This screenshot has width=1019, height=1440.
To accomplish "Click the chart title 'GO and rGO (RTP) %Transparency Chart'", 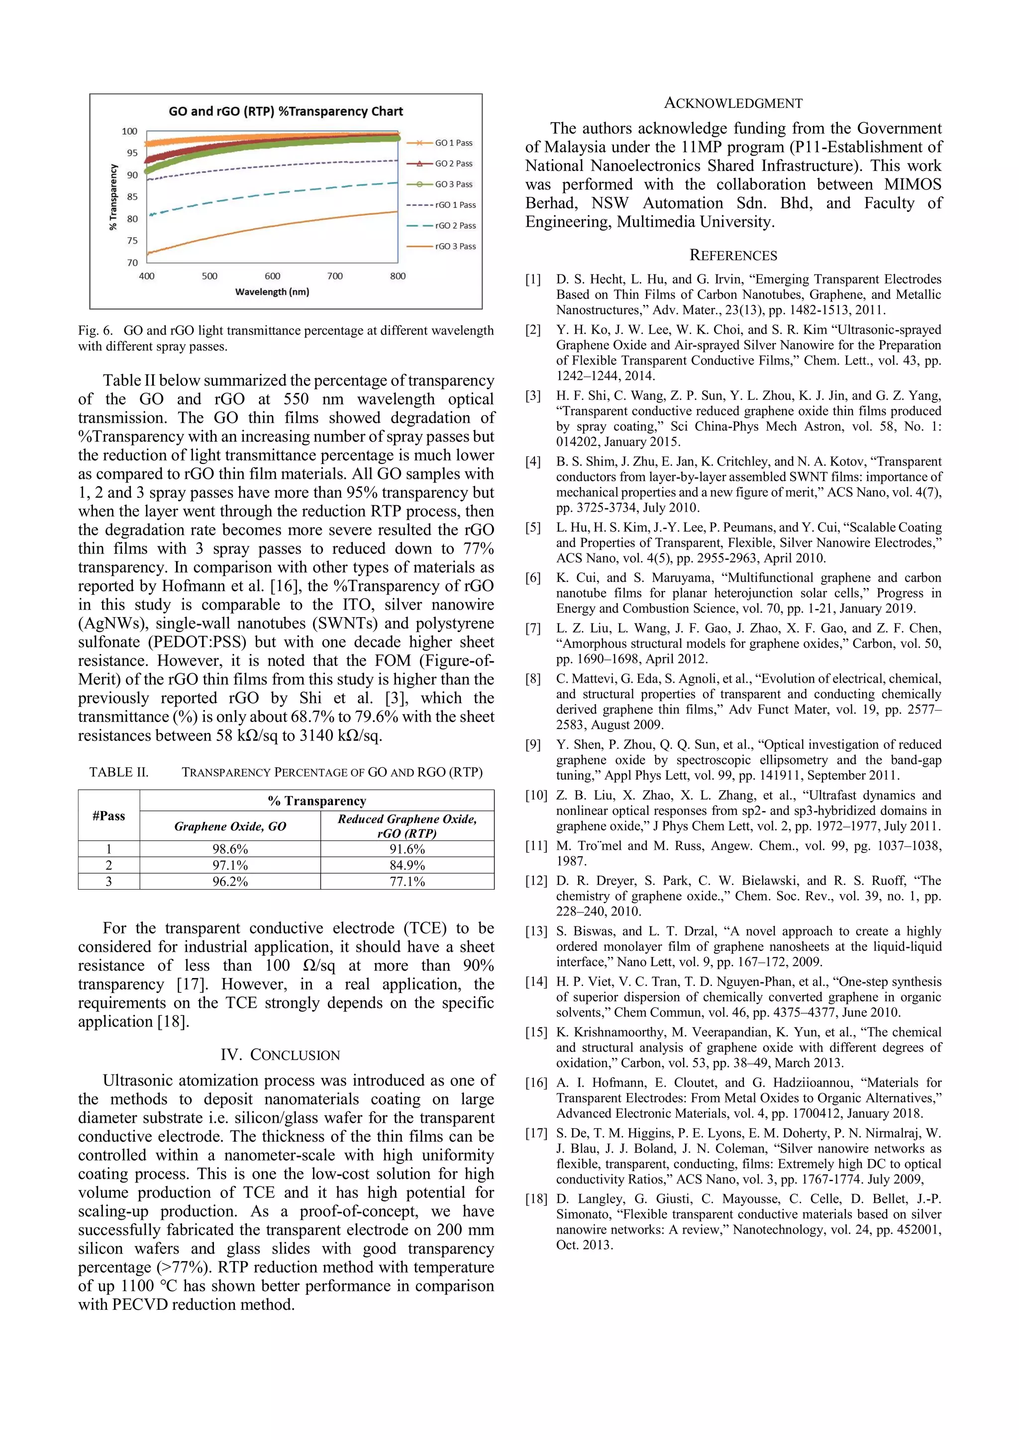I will [286, 112].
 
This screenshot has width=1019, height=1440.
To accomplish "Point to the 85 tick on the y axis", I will [132, 197].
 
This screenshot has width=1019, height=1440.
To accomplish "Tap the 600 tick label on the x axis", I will [272, 276].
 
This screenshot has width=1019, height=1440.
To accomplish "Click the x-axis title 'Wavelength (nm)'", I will [272, 292].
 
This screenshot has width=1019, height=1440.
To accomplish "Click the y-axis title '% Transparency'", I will [113, 197].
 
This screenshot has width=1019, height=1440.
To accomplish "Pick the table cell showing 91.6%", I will [407, 849].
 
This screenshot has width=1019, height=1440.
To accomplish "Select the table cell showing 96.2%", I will [230, 881].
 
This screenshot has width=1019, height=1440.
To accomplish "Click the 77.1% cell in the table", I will [407, 881].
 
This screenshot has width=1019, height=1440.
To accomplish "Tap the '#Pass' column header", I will [108, 816].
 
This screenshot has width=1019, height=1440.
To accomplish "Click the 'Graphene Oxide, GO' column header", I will [230, 826].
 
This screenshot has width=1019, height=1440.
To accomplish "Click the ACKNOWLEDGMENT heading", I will [733, 103].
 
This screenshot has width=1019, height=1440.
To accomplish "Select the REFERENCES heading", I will [733, 255].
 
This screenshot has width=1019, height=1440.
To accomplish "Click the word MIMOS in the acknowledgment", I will [913, 184].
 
